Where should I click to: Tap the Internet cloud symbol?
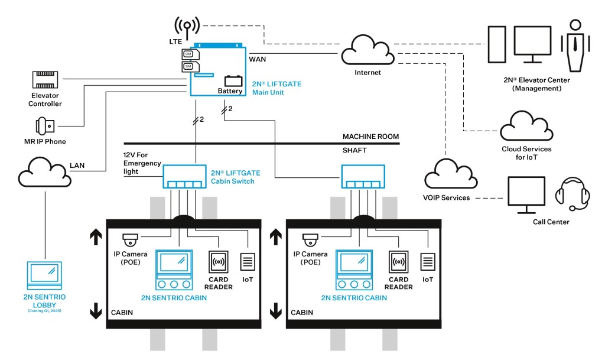[x=367, y=51]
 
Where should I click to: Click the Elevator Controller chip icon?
[x=47, y=81]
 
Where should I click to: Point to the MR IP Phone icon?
[x=45, y=125]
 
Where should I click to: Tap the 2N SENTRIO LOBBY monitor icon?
[x=44, y=273]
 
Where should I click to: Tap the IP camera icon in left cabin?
[x=130, y=240]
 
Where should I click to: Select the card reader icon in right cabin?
[x=399, y=261]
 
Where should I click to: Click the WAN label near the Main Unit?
[x=258, y=60]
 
